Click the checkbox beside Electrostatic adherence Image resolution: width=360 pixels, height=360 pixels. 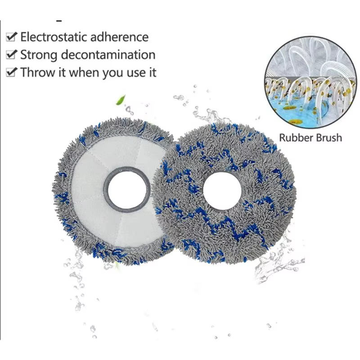pyautogui.click(x=11, y=37)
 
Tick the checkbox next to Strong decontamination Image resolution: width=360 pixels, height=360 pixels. pyautogui.click(x=11, y=54)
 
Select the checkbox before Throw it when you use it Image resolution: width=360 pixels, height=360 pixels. pyautogui.click(x=11, y=72)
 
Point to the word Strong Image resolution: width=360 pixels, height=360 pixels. pyautogui.click(x=39, y=55)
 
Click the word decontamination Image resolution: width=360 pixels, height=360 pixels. pyautogui.click(x=108, y=54)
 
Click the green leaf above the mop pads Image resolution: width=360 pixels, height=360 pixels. pyautogui.click(x=121, y=100)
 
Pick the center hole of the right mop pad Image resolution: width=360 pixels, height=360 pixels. pyautogui.click(x=222, y=190)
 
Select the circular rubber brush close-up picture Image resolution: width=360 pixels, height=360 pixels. pyautogui.click(x=310, y=82)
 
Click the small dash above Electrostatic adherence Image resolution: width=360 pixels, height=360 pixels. pyautogui.click(x=59, y=21)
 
